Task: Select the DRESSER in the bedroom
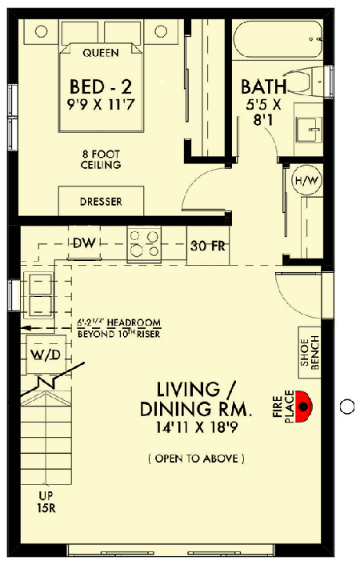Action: [101, 202]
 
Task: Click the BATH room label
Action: [265, 86]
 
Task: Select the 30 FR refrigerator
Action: [208, 246]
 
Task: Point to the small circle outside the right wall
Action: [346, 407]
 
